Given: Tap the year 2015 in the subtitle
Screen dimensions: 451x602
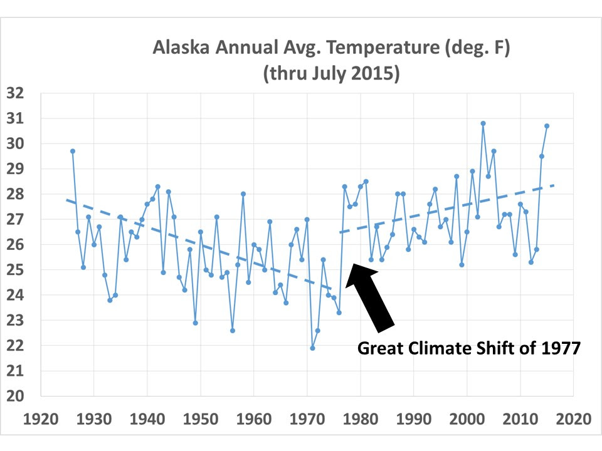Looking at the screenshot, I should point(378,73).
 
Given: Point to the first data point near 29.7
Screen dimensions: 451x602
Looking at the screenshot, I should point(73,151).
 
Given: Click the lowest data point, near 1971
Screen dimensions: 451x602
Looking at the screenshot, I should point(312,348).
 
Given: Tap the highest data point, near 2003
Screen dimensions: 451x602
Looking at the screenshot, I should point(483,123).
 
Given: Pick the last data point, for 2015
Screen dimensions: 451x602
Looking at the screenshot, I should point(547,126).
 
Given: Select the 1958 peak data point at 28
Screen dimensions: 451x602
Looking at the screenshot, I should point(243,194).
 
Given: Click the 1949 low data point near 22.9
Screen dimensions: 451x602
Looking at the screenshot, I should point(195,323).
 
